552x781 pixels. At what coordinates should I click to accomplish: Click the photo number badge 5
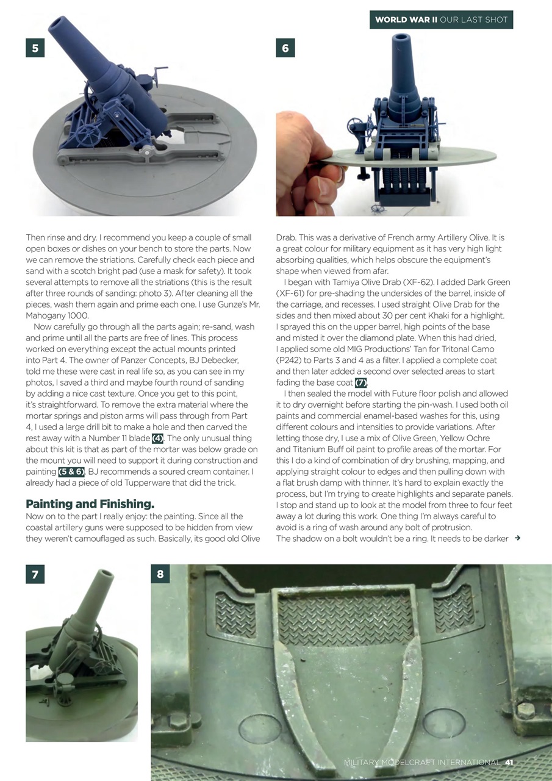35,48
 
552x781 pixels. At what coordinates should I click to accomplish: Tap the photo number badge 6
285,48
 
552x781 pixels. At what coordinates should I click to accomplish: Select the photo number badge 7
35,574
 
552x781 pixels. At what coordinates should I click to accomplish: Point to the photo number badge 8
160,574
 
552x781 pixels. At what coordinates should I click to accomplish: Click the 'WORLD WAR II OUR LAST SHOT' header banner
441,20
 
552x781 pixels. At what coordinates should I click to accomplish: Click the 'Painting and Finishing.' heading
90,504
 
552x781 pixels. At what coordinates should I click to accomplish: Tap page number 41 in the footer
509,762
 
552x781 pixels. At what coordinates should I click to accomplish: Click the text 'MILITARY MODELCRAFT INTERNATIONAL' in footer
421,762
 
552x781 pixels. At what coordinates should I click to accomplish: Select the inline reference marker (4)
157,438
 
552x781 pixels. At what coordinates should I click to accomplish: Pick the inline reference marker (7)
360,383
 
